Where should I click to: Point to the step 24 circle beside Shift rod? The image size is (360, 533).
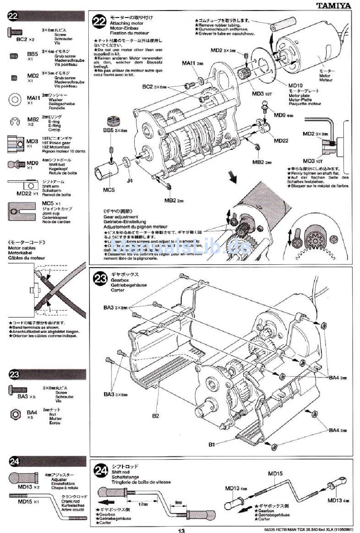pyautogui.click(x=101, y=471)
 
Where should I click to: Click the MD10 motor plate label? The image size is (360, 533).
pyautogui.click(x=295, y=86)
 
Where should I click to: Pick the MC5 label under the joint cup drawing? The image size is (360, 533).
pyautogui.click(x=109, y=190)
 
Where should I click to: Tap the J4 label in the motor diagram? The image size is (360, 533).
pyautogui.click(x=130, y=181)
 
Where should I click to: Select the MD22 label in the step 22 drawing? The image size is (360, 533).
pyautogui.click(x=281, y=141)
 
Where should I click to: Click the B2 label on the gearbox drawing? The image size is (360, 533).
pyautogui.click(x=155, y=415)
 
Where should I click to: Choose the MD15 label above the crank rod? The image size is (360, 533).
pyautogui.click(x=275, y=473)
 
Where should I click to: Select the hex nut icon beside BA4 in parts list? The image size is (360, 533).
pyautogui.click(x=15, y=413)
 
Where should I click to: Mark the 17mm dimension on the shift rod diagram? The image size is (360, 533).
pyautogui.click(x=142, y=504)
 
